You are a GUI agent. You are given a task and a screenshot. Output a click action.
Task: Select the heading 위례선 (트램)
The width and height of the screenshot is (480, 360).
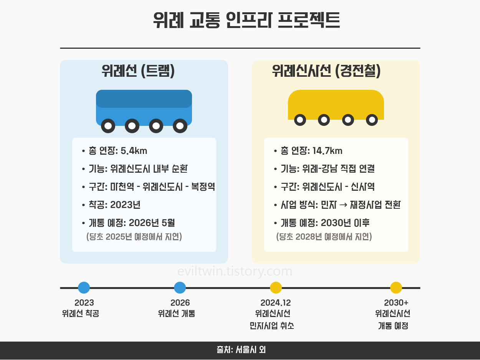pyautogui.click(x=138, y=71)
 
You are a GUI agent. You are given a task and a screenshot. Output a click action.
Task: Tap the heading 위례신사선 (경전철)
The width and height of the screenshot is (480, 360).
pyautogui.click(x=326, y=71)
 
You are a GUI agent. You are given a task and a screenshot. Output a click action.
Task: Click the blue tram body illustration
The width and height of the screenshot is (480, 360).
pyautogui.click(x=144, y=106)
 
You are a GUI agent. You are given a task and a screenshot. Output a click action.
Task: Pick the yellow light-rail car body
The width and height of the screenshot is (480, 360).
pyautogui.click(x=336, y=104)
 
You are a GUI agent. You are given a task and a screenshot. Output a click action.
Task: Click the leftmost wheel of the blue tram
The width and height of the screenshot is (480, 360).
pyautogui.click(x=108, y=126)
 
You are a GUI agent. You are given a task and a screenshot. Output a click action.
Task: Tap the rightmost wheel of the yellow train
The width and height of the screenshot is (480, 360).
pyautogui.click(x=372, y=120)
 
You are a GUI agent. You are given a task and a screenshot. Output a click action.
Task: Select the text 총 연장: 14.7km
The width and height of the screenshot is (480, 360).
pyautogui.click(x=311, y=151)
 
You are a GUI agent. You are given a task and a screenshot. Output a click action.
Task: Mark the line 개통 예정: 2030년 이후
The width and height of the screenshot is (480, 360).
pyautogui.click(x=325, y=223)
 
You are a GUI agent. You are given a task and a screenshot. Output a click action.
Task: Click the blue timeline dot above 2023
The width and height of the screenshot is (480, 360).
pyautogui.click(x=84, y=287)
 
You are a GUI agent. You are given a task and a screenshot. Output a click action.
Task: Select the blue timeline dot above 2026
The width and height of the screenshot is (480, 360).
pyautogui.click(x=180, y=287)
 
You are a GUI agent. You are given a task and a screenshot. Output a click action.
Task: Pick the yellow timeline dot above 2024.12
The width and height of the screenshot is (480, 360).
pyautogui.click(x=276, y=287)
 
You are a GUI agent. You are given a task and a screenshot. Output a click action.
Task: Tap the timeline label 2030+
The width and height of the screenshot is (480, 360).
pyautogui.click(x=396, y=303)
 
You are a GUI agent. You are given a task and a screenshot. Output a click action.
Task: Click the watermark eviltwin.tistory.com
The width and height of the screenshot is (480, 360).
pyautogui.click(x=235, y=271)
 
